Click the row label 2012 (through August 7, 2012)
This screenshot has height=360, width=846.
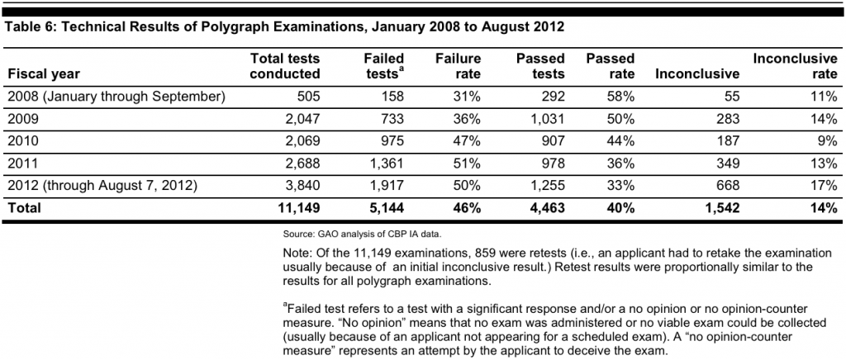tap(102, 187)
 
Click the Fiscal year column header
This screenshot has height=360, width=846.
tap(43, 74)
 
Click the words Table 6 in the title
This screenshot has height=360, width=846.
tap(31, 26)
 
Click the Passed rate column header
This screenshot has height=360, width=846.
tap(611, 67)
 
